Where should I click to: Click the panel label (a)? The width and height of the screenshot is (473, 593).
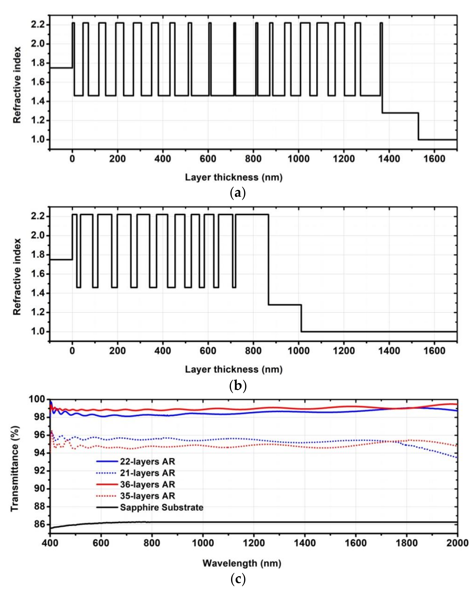[237, 193]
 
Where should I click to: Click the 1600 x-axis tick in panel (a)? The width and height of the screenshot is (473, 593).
[434, 159]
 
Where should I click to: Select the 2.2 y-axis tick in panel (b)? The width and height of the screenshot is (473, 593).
[37, 216]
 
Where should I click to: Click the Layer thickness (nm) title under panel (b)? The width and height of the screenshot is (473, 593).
[233, 369]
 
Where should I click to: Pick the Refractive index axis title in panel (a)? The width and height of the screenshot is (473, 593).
[17, 85]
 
